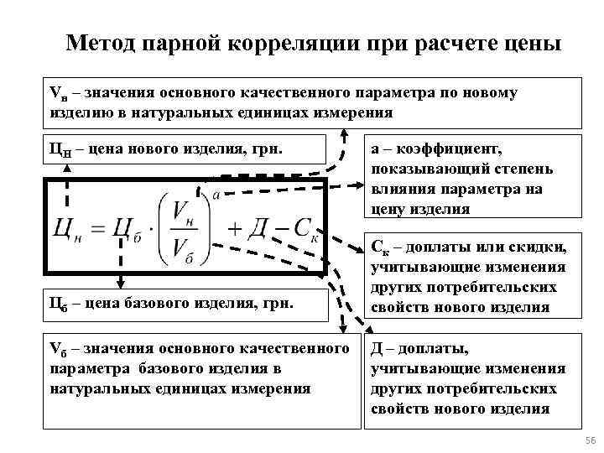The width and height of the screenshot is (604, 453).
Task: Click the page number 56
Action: click(x=588, y=441)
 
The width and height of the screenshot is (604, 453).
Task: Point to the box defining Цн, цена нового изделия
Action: click(x=184, y=151)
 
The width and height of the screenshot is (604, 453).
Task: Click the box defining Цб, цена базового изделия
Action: click(x=184, y=303)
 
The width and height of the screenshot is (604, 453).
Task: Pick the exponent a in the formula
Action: click(x=216, y=195)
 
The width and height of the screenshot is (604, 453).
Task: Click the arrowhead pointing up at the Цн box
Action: click(x=67, y=167)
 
